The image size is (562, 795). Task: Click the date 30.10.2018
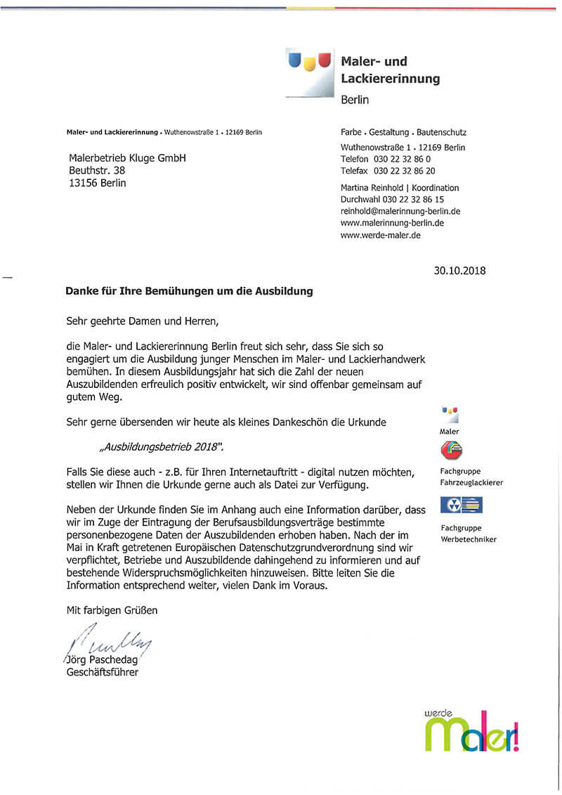click(x=459, y=271)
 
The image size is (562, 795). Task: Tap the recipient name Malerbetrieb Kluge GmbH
click(x=127, y=158)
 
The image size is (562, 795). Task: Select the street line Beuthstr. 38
click(x=97, y=171)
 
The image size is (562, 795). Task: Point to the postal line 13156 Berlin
click(x=98, y=183)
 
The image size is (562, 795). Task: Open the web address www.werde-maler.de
click(x=380, y=235)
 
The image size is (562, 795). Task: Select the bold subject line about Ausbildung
click(x=189, y=290)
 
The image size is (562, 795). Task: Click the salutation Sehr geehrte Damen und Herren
click(x=143, y=322)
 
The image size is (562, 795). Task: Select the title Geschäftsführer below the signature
click(x=101, y=673)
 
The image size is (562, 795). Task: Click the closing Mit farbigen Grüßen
click(x=112, y=610)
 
